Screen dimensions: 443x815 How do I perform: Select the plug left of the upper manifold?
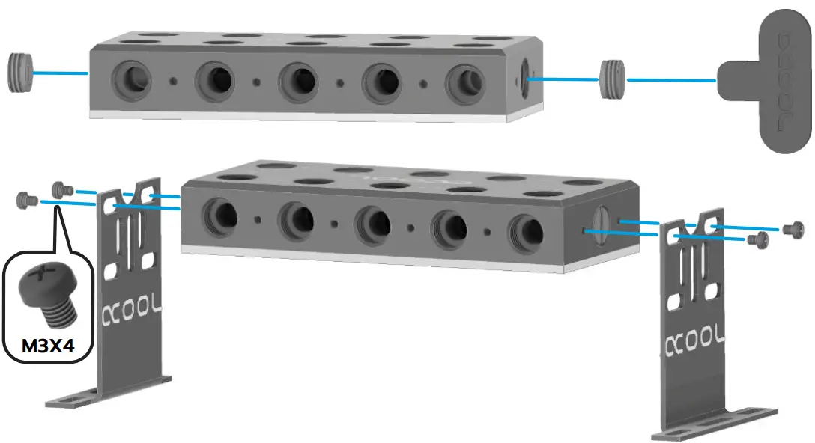(21, 72)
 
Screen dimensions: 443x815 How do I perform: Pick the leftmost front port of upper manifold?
(130, 77)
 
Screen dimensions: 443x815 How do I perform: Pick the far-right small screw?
(792, 229)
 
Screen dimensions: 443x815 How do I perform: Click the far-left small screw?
(28, 199)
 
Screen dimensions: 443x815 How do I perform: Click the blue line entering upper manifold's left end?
(60, 73)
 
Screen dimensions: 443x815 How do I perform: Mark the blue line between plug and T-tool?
(670, 79)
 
